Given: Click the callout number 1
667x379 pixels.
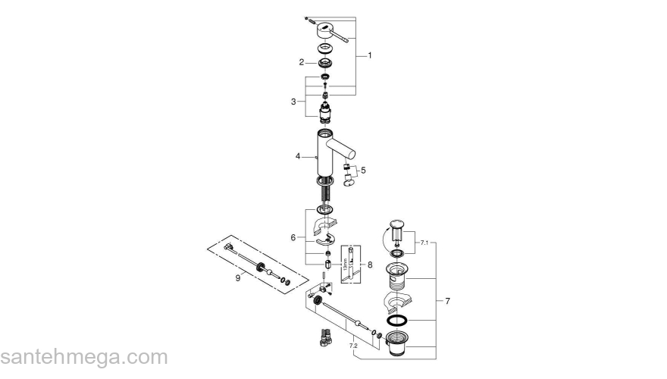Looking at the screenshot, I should coord(370,55).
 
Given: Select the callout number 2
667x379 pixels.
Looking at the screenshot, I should coord(301,62).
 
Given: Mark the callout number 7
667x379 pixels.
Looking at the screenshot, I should coord(447,302).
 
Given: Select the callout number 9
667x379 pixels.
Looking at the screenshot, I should coord(238,278).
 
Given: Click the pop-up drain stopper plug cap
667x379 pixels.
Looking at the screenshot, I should coord(398,224).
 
